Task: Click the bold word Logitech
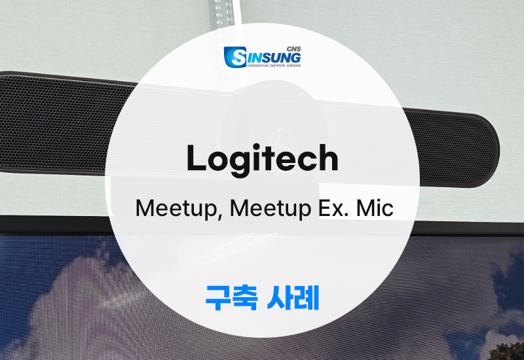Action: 263,160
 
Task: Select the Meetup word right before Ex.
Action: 271,209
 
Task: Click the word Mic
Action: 375,207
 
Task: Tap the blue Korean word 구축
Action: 231,298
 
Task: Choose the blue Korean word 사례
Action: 293,298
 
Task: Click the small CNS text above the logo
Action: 293,49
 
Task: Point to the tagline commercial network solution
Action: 274,65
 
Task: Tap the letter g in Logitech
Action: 240,164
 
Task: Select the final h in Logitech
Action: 328,157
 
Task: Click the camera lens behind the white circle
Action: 280,141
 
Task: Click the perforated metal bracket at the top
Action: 221,13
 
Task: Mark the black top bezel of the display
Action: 54,225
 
